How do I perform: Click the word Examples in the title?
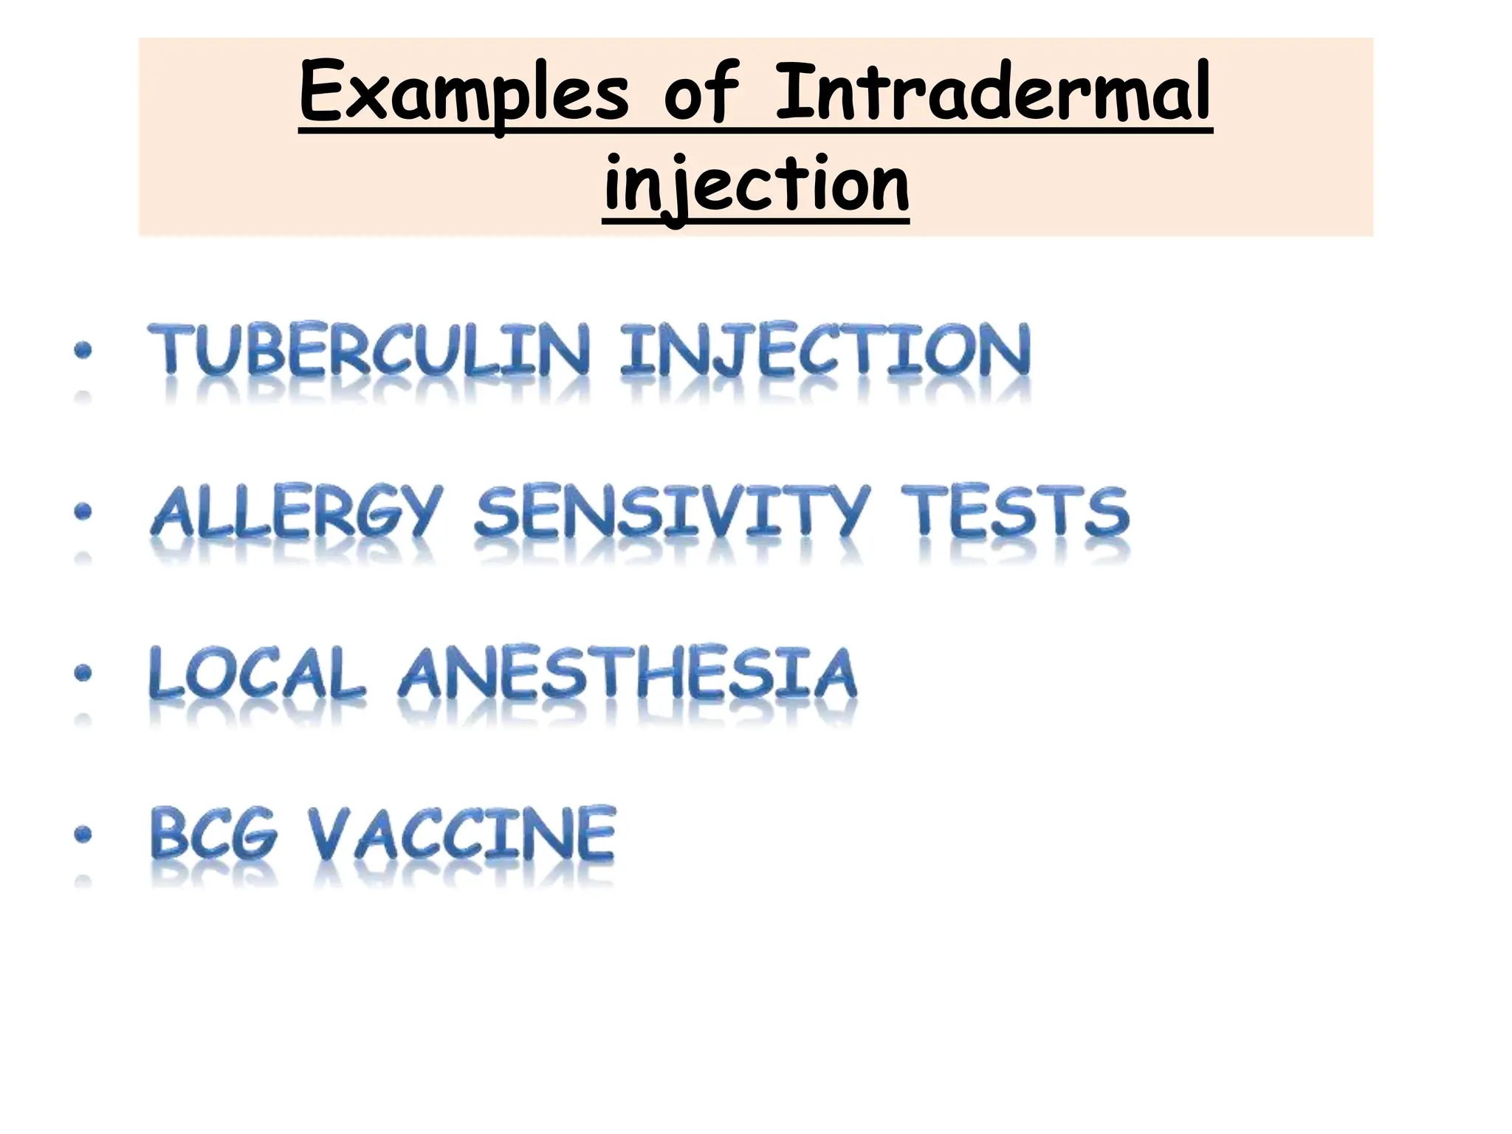(464, 94)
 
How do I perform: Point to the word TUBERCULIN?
(369, 350)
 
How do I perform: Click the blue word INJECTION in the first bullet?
(825, 350)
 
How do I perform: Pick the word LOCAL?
(257, 673)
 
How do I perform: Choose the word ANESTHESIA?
(628, 673)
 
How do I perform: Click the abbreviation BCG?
(214, 834)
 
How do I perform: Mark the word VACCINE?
(462, 834)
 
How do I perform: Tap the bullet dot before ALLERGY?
(83, 511)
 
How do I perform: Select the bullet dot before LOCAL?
(83, 673)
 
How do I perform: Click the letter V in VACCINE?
(329, 834)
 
